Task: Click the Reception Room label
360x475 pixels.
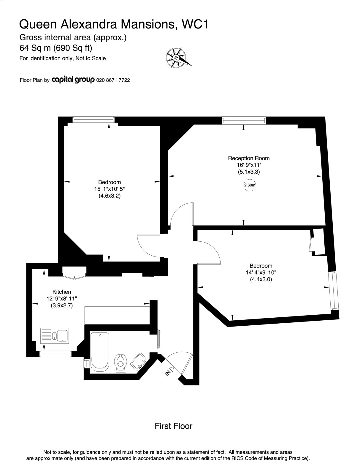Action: pyautogui.click(x=249, y=158)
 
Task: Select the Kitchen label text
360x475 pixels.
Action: pyautogui.click(x=62, y=292)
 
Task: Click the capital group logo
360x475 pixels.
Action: pyautogui.click(x=73, y=80)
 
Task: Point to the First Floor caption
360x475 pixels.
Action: pyautogui.click(x=173, y=426)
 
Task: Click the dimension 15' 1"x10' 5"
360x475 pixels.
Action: pyautogui.click(x=110, y=189)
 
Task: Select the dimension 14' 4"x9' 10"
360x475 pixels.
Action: pyautogui.click(x=261, y=273)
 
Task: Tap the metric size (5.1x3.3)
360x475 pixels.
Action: pyautogui.click(x=249, y=172)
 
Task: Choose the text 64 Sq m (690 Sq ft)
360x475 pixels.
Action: pyautogui.click(x=56, y=48)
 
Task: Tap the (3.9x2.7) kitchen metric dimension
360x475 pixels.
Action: pyautogui.click(x=62, y=305)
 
